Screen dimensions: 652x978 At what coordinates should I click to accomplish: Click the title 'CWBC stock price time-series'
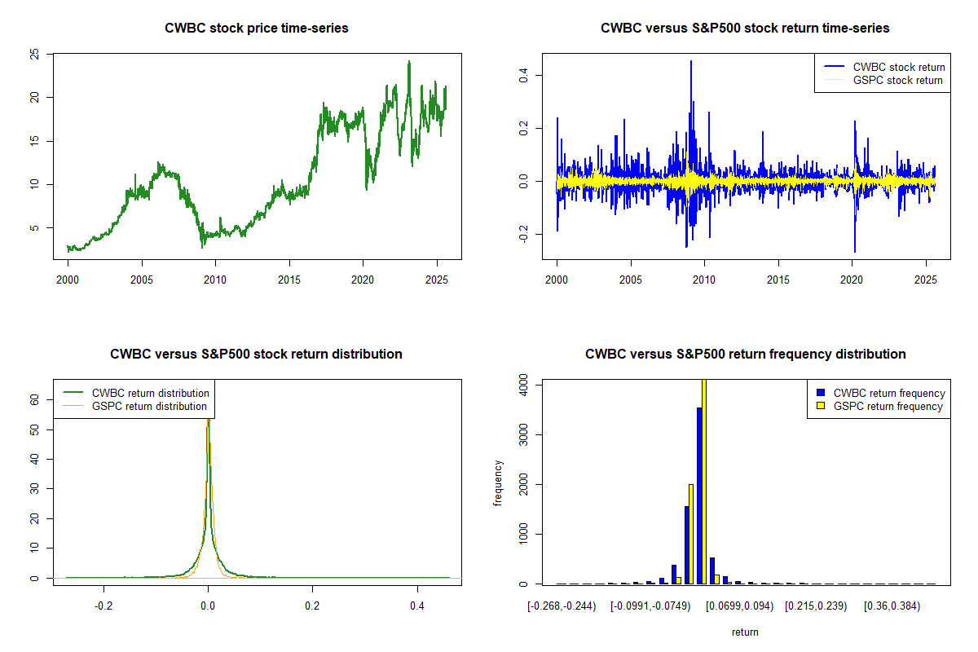coord(256,29)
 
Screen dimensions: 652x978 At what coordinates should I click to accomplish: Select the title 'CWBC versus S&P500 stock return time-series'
coord(744,29)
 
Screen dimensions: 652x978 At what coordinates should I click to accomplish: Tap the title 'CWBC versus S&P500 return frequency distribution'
coord(745,355)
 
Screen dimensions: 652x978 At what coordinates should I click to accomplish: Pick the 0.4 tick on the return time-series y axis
coord(523,74)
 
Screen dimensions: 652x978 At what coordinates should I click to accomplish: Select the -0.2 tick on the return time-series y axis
coord(523,235)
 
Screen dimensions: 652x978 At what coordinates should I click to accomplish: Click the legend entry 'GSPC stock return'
coord(897,80)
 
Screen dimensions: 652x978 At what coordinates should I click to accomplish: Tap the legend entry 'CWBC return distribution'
coord(150,393)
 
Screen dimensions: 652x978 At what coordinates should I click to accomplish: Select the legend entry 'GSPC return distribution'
coord(149,406)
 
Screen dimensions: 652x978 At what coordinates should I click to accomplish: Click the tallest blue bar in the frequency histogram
coord(699,496)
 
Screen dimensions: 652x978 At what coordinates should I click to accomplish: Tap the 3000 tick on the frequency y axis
coord(523,434)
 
